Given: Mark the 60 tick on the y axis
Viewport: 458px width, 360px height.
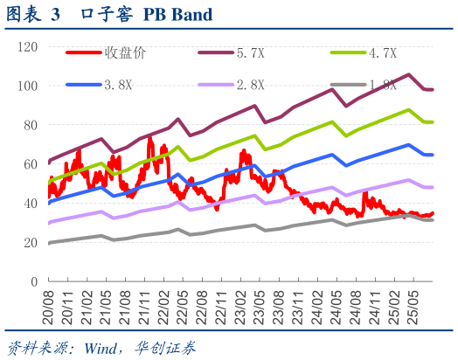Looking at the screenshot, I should [x=30, y=163].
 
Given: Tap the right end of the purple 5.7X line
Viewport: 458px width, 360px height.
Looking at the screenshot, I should [x=433, y=90].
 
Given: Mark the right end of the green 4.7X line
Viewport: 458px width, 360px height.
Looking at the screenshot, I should [x=433, y=122].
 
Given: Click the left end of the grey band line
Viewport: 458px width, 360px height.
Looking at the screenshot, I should [x=49, y=243].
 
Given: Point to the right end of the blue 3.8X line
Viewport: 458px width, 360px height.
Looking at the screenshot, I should [x=433, y=155].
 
